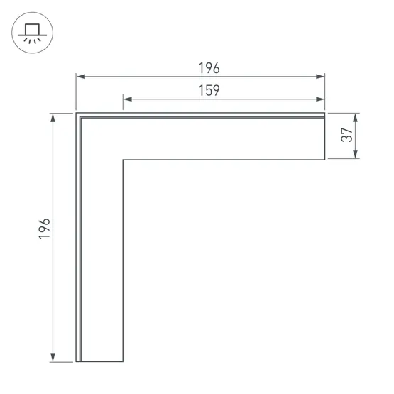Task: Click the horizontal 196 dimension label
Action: pyautogui.click(x=209, y=68)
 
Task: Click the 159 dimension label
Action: pyautogui.click(x=209, y=90)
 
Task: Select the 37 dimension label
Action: pyautogui.click(x=346, y=135)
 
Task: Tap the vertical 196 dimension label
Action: pyautogui.click(x=44, y=229)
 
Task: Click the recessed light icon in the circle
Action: pyautogui.click(x=32, y=33)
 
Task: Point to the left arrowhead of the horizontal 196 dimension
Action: pyautogui.click(x=81, y=77)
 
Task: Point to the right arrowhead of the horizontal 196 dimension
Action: pyautogui.click(x=320, y=77)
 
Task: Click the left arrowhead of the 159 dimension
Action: pyautogui.click(x=128, y=99)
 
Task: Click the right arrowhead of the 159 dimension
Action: pyautogui.click(x=320, y=99)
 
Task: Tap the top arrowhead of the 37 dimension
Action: pyautogui.click(x=355, y=118)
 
